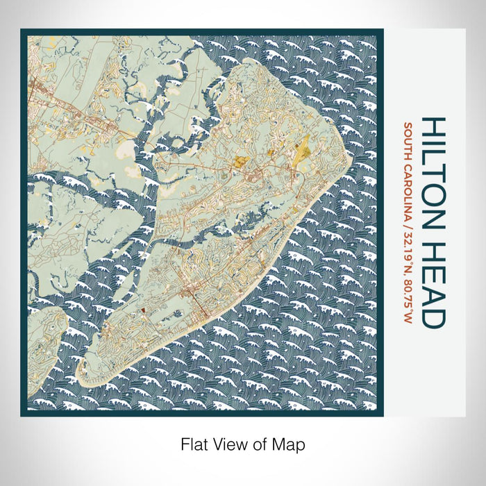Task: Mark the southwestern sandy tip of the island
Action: [x=89, y=380]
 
